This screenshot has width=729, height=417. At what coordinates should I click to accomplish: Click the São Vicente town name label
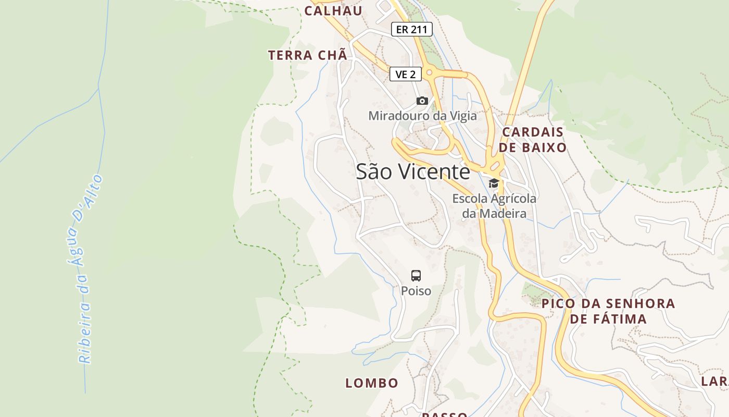pyautogui.click(x=412, y=171)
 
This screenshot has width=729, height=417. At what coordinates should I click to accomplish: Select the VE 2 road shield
pyautogui.click(x=405, y=75)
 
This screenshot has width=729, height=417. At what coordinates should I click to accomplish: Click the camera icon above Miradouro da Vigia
pyautogui.click(x=422, y=101)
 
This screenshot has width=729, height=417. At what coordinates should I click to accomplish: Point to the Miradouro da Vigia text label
pyautogui.click(x=422, y=116)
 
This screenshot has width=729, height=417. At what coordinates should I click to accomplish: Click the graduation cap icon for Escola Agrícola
pyautogui.click(x=494, y=183)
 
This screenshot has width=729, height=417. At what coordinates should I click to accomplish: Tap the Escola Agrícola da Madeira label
pyautogui.click(x=494, y=206)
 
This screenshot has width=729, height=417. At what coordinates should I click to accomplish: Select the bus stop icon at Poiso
pyautogui.click(x=416, y=275)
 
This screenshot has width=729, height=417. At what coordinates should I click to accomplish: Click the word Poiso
pyautogui.click(x=416, y=291)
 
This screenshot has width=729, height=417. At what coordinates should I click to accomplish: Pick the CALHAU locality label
pyautogui.click(x=333, y=11)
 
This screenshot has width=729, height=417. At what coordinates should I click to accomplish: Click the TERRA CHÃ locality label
pyautogui.click(x=307, y=55)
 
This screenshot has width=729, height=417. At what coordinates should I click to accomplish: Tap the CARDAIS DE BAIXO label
pyautogui.click(x=532, y=140)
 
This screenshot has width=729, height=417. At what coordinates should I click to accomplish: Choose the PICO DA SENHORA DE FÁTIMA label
pyautogui.click(x=608, y=311)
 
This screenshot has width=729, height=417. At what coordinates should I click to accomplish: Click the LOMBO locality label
pyautogui.click(x=372, y=383)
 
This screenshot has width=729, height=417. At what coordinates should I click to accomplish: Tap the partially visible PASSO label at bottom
pyautogui.click(x=444, y=414)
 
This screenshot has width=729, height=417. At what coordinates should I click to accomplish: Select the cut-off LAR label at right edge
pyautogui.click(x=714, y=381)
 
